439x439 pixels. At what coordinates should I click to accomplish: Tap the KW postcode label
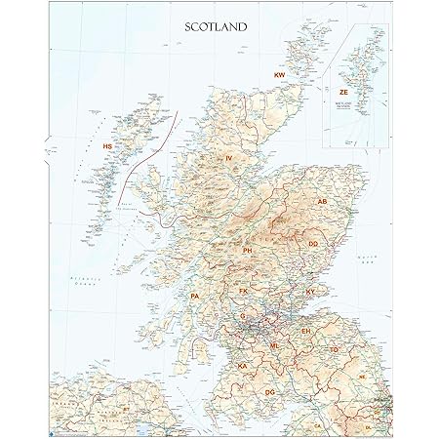[x=279, y=75]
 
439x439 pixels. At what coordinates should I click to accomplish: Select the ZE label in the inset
[x=343, y=92]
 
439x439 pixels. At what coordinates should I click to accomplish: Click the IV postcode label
[x=229, y=158]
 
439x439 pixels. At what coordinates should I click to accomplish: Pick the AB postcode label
[x=323, y=202]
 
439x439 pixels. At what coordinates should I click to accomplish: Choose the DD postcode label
[x=314, y=243]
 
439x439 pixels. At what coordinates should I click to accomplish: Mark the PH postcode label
[x=249, y=251]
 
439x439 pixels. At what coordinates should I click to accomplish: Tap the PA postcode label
[x=195, y=295]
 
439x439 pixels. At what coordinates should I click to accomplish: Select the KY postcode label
[x=310, y=292]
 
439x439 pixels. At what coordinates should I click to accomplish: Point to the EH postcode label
[x=305, y=332]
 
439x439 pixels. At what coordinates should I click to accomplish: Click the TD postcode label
[x=335, y=348]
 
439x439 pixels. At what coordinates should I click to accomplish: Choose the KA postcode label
[x=241, y=365]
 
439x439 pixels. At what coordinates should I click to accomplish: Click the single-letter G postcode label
[x=243, y=317]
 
